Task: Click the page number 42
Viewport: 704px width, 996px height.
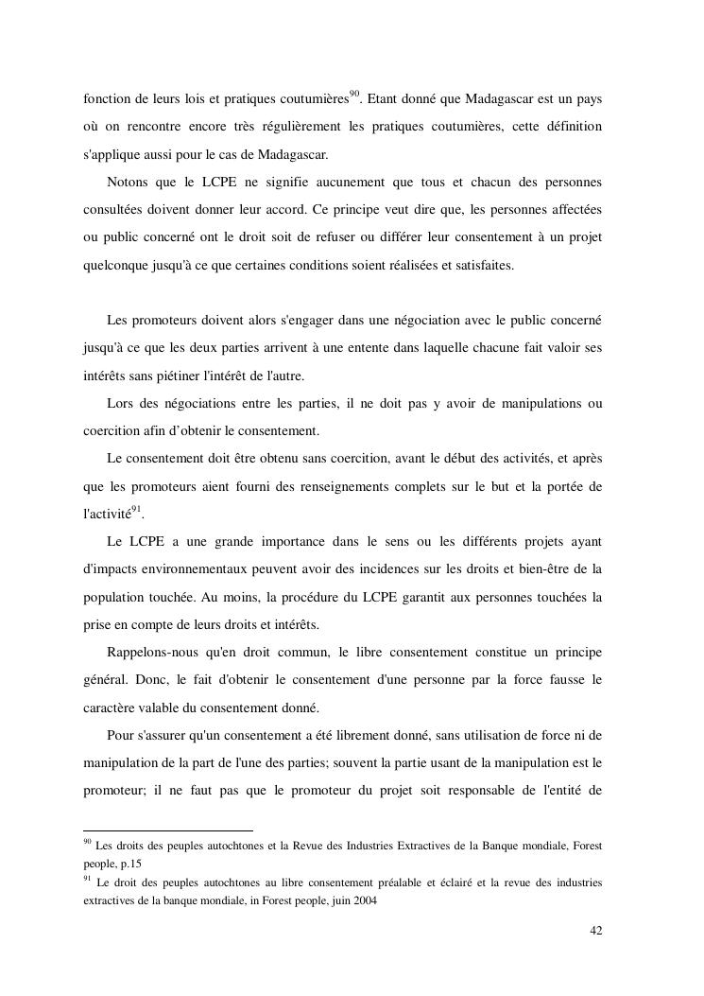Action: tap(595, 931)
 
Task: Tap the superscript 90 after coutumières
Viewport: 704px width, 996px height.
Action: tap(355, 94)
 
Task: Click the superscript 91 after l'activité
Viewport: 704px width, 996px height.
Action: tap(136, 510)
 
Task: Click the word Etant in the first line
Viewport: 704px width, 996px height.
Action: tap(383, 98)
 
